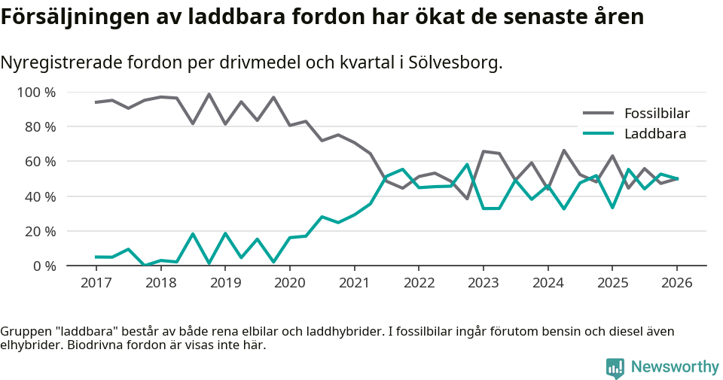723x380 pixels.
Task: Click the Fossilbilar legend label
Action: (657, 114)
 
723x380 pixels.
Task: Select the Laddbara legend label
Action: (654, 134)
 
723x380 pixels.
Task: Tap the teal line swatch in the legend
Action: (599, 134)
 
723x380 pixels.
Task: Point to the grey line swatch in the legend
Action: (599, 114)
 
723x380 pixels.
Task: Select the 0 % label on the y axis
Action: (44, 266)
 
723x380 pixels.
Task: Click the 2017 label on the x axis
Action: (96, 283)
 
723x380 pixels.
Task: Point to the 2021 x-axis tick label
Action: (354, 283)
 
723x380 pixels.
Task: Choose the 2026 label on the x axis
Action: (676, 283)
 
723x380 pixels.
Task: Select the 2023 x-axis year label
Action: (483, 283)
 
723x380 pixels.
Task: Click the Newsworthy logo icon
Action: (615, 367)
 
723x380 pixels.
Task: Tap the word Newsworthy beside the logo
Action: (675, 367)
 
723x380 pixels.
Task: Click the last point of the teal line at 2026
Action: (676, 178)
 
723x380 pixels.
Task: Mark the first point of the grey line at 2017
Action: (96, 102)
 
